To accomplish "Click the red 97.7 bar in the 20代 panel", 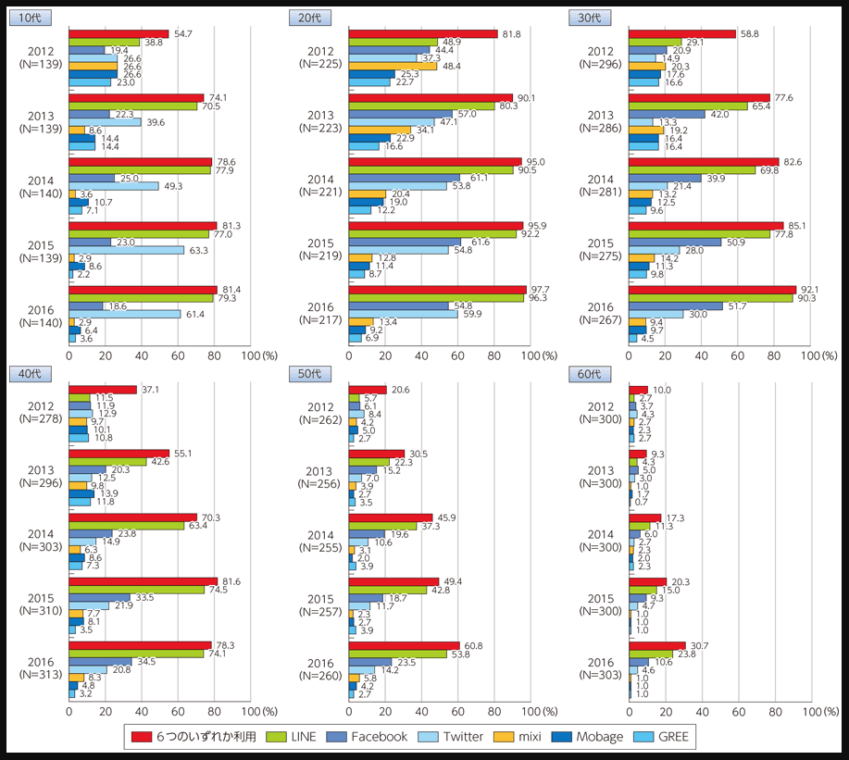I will point(437,290).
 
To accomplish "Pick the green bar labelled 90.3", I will point(710,298).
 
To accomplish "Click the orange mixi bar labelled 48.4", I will point(393,67).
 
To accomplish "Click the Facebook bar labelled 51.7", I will point(675,305).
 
